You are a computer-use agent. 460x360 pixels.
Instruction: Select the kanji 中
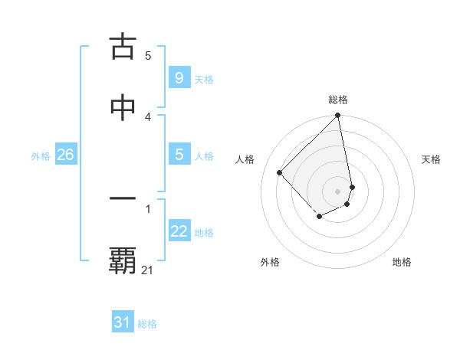pyautogui.click(x=123, y=108)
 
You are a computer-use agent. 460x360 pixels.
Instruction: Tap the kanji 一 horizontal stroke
pyautogui.click(x=123, y=198)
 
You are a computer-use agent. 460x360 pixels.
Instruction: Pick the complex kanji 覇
pyautogui.click(x=123, y=261)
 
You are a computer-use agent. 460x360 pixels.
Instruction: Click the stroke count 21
pyautogui.click(x=148, y=270)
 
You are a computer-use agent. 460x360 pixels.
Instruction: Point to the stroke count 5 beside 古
pyautogui.click(x=148, y=55)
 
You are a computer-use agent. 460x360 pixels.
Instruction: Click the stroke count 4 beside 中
pyautogui.click(x=148, y=116)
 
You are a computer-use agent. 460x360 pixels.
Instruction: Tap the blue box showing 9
pyautogui.click(x=179, y=78)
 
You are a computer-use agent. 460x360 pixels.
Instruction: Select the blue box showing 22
pyautogui.click(x=179, y=232)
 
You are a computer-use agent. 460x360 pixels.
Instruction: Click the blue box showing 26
pyautogui.click(x=65, y=155)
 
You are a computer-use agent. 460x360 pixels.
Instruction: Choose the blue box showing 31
pyautogui.click(x=123, y=322)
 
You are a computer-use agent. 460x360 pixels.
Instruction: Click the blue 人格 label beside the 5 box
pyautogui.click(x=204, y=156)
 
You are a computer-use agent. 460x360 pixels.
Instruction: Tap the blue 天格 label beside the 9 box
pyautogui.click(x=204, y=80)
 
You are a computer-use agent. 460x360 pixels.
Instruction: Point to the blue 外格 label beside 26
pyautogui.click(x=41, y=156)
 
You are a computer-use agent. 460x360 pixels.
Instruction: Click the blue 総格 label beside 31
pyautogui.click(x=147, y=324)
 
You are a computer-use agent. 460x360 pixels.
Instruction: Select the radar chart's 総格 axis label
pyautogui.click(x=338, y=100)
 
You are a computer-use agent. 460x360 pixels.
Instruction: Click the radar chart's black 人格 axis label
pyautogui.click(x=245, y=159)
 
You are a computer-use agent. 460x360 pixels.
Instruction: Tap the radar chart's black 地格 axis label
pyautogui.click(x=402, y=262)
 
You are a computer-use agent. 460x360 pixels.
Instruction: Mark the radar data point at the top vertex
pyautogui.click(x=338, y=116)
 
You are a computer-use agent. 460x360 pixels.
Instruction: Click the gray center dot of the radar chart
pyautogui.click(x=338, y=191)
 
